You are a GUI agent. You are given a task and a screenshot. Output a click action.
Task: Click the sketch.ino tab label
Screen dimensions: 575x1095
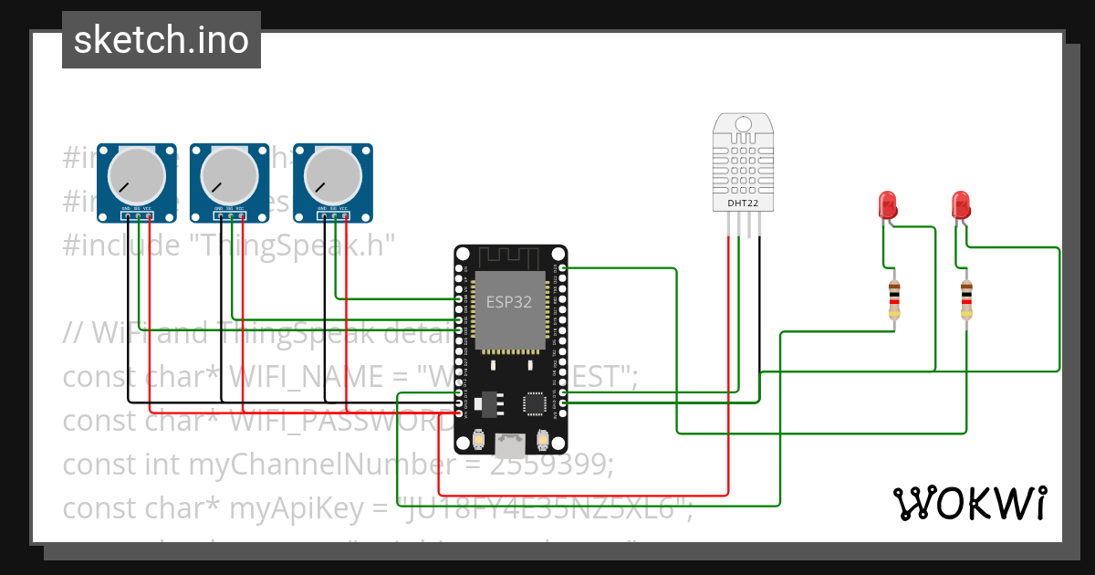(x=161, y=40)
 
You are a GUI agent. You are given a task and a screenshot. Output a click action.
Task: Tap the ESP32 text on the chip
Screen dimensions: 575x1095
(x=509, y=302)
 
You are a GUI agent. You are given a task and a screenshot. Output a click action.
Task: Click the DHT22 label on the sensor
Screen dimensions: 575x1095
(x=741, y=202)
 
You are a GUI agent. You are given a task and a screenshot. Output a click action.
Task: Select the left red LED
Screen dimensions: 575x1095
(x=886, y=204)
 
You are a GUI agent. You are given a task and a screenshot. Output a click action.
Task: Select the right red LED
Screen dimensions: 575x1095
(x=960, y=204)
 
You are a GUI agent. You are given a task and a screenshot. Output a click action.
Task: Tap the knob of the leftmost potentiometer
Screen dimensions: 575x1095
(x=136, y=174)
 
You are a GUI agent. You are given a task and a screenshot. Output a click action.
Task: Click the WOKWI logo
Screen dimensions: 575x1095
(x=968, y=503)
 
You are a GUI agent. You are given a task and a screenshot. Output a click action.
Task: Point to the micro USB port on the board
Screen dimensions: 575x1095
(x=510, y=444)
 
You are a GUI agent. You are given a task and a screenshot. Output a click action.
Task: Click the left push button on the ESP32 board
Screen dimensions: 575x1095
(x=478, y=442)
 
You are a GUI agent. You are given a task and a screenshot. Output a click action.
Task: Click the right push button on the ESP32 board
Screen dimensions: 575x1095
(x=543, y=442)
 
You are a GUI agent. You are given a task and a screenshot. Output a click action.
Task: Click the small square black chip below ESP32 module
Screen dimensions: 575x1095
(x=535, y=403)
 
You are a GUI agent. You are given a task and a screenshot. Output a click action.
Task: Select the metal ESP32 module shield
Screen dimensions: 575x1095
(x=509, y=310)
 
